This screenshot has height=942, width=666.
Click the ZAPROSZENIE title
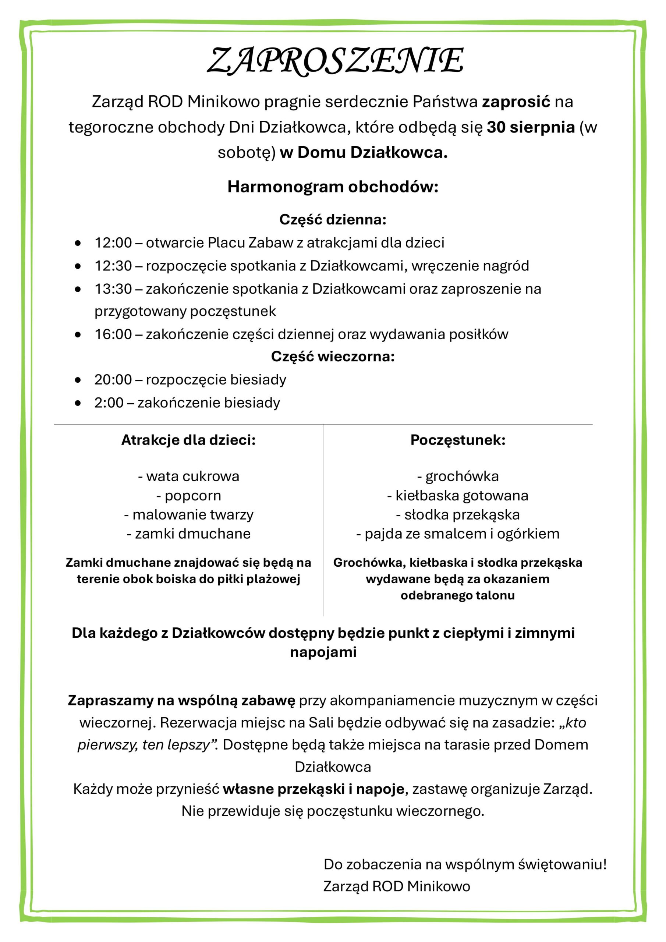tap(335, 61)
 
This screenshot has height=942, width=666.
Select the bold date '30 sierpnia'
tap(530, 127)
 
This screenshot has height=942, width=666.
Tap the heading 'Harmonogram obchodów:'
tap(333, 187)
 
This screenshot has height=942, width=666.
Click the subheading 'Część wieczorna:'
tap(333, 357)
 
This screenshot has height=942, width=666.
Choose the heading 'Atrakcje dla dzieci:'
tap(188, 440)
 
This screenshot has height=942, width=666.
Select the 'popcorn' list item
tap(192, 496)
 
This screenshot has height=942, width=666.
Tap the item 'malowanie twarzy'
tap(192, 514)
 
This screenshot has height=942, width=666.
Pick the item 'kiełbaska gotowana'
tap(462, 496)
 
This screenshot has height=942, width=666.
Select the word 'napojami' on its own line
tap(323, 652)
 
